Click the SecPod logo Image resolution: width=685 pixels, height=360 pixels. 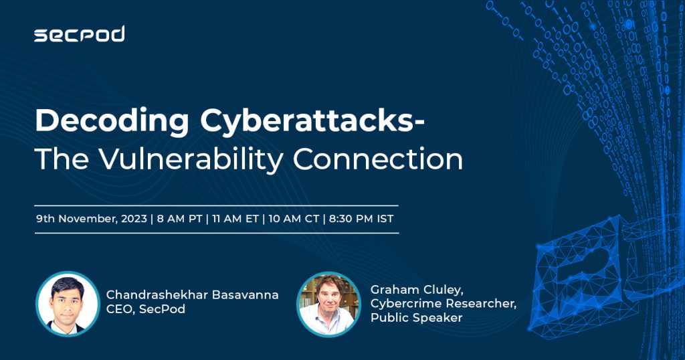point(80,34)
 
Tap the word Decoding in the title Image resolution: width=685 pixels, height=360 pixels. point(112,122)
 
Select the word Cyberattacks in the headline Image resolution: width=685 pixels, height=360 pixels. point(307,120)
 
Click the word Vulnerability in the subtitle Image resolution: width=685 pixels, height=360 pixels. point(191,159)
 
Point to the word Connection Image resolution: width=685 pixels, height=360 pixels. point(378,159)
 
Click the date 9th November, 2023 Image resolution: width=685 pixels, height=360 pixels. point(91,219)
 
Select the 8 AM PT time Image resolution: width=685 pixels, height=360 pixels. point(179,219)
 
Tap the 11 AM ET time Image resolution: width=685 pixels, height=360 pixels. point(235,219)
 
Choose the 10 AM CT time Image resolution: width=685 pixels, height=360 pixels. point(294,219)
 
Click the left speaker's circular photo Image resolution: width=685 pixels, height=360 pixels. point(68,304)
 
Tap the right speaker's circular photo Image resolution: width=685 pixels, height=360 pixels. point(329,304)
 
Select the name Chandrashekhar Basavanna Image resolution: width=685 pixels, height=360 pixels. point(192,295)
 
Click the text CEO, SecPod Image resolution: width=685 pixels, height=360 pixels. point(145,309)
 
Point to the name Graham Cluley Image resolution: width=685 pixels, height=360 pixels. point(416,290)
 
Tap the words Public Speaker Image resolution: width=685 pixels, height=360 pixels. point(416,318)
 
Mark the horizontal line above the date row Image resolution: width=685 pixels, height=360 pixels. point(216,205)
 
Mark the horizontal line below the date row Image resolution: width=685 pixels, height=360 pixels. point(216,233)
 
